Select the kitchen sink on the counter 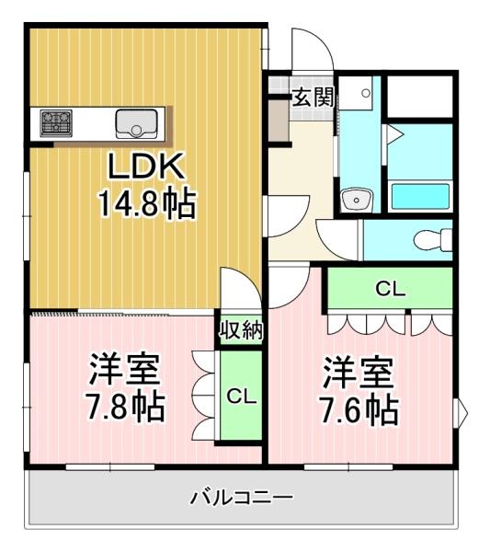tap(136, 121)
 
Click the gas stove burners tap(54, 120)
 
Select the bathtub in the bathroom tap(420, 196)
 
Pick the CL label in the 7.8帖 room tap(241, 397)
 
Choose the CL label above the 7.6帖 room tap(390, 289)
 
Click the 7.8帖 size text tap(127, 405)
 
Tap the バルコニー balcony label tap(242, 498)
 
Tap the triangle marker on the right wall tap(462, 407)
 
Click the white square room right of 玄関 tap(419, 96)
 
